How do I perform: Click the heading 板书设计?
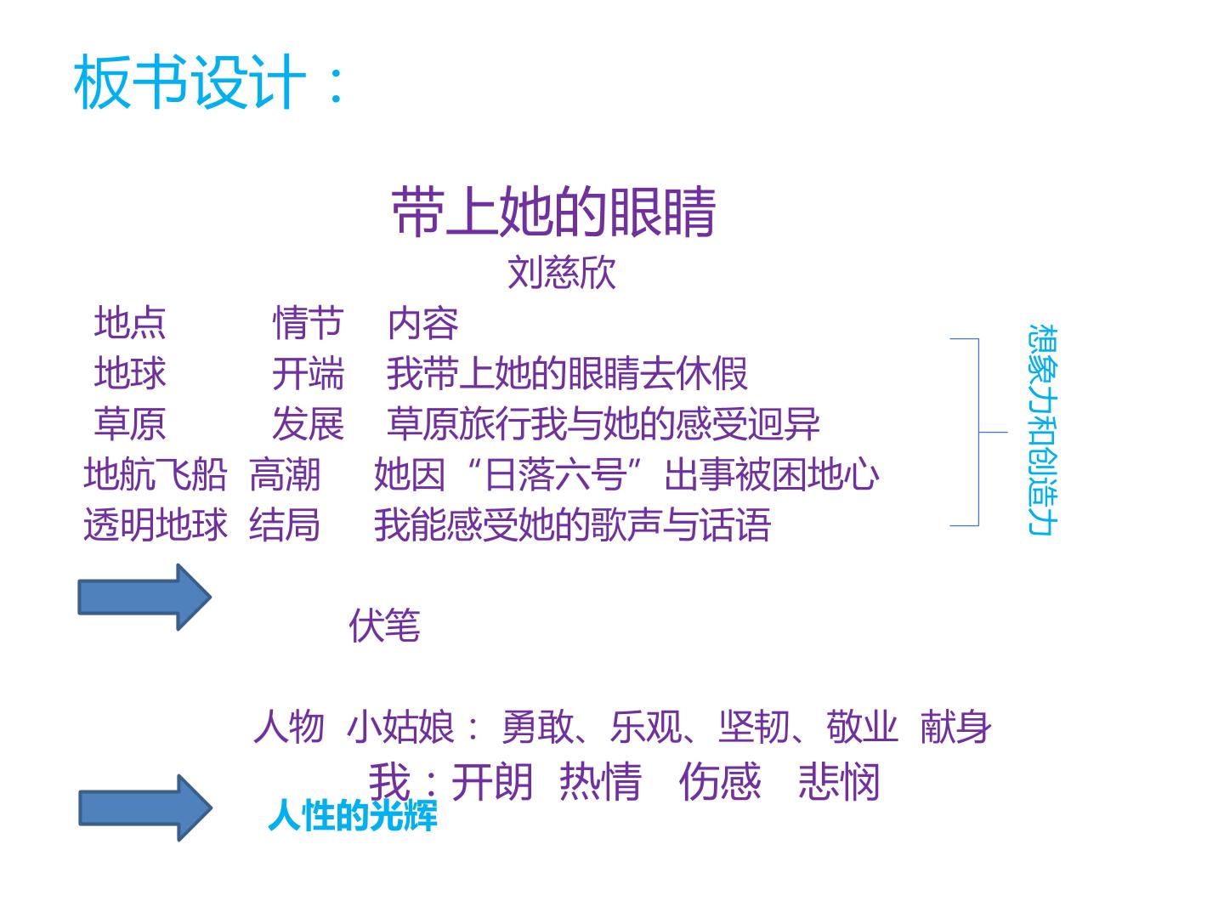click(190, 82)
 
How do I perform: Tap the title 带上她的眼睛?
click(553, 212)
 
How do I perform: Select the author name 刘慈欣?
click(562, 273)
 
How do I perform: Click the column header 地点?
click(130, 322)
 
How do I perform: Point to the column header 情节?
click(308, 322)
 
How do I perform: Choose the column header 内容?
click(422, 323)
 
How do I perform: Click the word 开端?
click(308, 373)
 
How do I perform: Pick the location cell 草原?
click(130, 423)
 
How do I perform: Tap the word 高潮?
click(285, 474)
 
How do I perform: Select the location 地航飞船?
click(156, 474)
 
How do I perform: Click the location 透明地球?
click(156, 524)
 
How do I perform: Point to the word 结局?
click(285, 524)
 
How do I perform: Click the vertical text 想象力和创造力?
click(1043, 430)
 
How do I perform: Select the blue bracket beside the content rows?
click(978, 432)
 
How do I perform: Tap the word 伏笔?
click(384, 625)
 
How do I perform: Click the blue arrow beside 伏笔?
click(144, 597)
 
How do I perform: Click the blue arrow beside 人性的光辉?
click(145, 807)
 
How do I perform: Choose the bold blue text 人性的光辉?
click(353, 815)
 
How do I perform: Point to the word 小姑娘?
click(399, 727)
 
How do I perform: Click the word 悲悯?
click(839, 781)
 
